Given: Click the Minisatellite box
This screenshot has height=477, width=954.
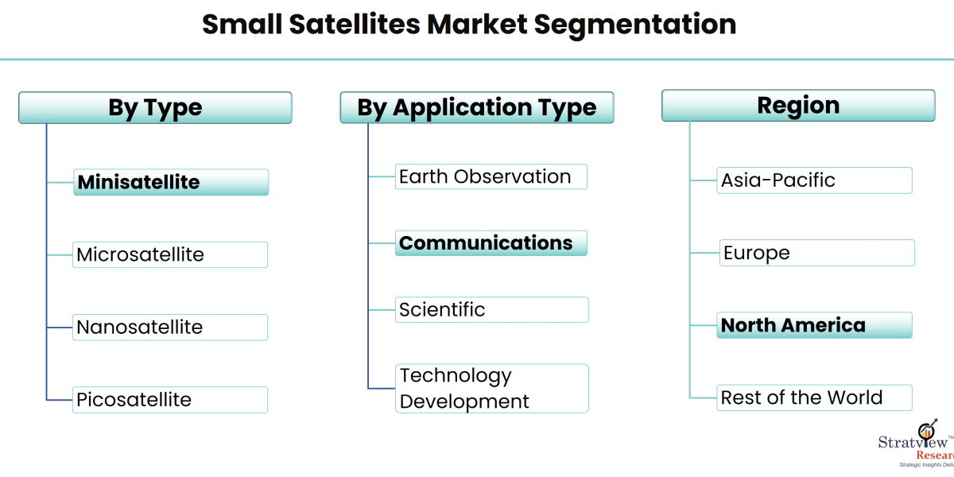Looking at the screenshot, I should (x=171, y=182).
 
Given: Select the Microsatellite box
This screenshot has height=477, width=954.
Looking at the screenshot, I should (x=170, y=254).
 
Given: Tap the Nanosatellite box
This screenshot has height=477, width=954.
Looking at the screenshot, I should (x=170, y=327).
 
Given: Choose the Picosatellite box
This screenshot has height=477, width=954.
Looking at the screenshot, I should (x=170, y=399).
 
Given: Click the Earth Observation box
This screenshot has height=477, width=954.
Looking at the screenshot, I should (x=491, y=176).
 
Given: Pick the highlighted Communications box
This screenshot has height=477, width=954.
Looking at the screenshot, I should (x=491, y=242).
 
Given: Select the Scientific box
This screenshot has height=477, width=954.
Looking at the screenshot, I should (x=491, y=309).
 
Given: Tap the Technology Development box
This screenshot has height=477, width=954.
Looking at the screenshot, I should (x=491, y=388).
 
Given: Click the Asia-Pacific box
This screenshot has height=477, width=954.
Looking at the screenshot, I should (x=814, y=180).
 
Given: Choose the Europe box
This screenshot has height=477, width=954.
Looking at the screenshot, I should (x=817, y=253).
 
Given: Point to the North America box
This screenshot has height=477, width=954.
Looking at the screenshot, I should (x=814, y=325).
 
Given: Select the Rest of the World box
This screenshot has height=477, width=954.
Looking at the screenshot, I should (x=814, y=397).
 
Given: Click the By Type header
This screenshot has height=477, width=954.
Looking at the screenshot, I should (x=155, y=108).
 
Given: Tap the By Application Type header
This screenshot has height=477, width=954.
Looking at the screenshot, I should (x=477, y=107).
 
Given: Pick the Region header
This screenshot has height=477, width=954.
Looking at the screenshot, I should (x=798, y=106).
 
